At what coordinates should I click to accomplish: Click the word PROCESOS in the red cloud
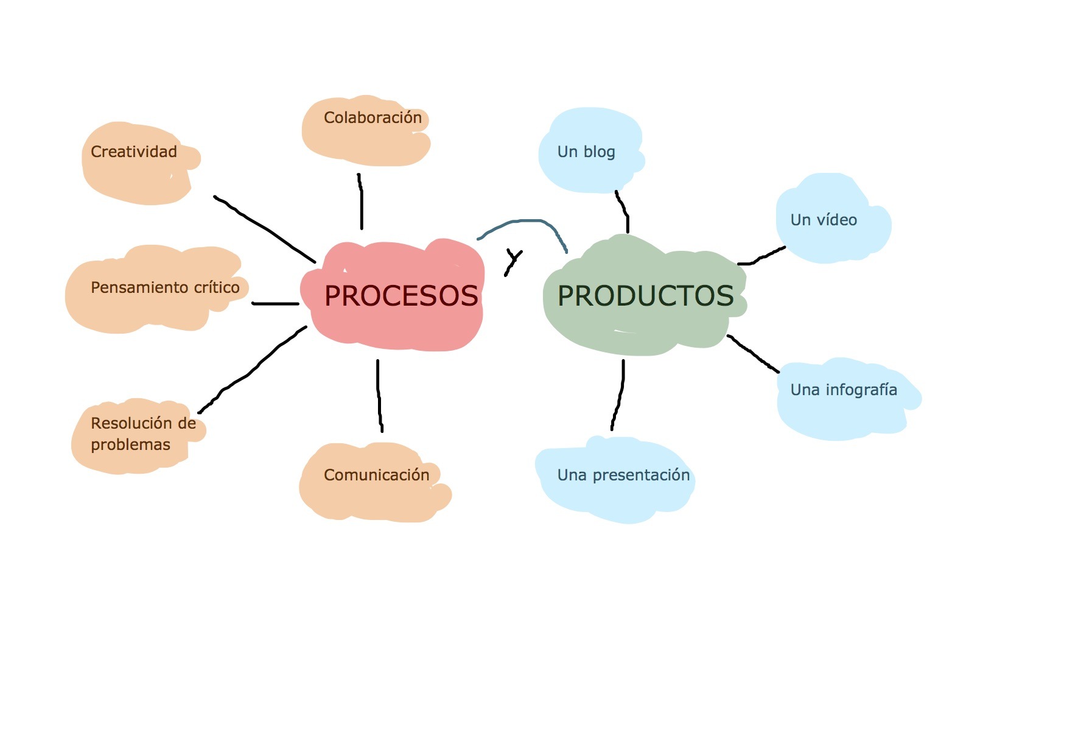[401, 296]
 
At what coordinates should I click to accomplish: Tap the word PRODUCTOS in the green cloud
[645, 296]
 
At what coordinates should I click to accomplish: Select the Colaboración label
[373, 118]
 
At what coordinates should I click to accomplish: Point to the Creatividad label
[134, 152]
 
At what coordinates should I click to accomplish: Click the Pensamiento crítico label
[165, 287]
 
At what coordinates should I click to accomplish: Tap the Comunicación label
[376, 475]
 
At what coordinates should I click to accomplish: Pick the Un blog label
[586, 152]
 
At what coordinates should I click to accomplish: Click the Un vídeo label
[824, 220]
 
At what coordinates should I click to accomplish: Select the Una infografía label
[844, 390]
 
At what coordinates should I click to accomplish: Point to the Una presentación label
[623, 475]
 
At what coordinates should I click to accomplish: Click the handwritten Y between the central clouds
[513, 261]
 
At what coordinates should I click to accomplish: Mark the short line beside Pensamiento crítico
[275, 303]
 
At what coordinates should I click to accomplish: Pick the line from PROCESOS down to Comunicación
[379, 396]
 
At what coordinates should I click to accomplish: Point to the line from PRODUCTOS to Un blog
[623, 211]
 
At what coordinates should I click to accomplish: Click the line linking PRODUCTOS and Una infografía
[754, 353]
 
